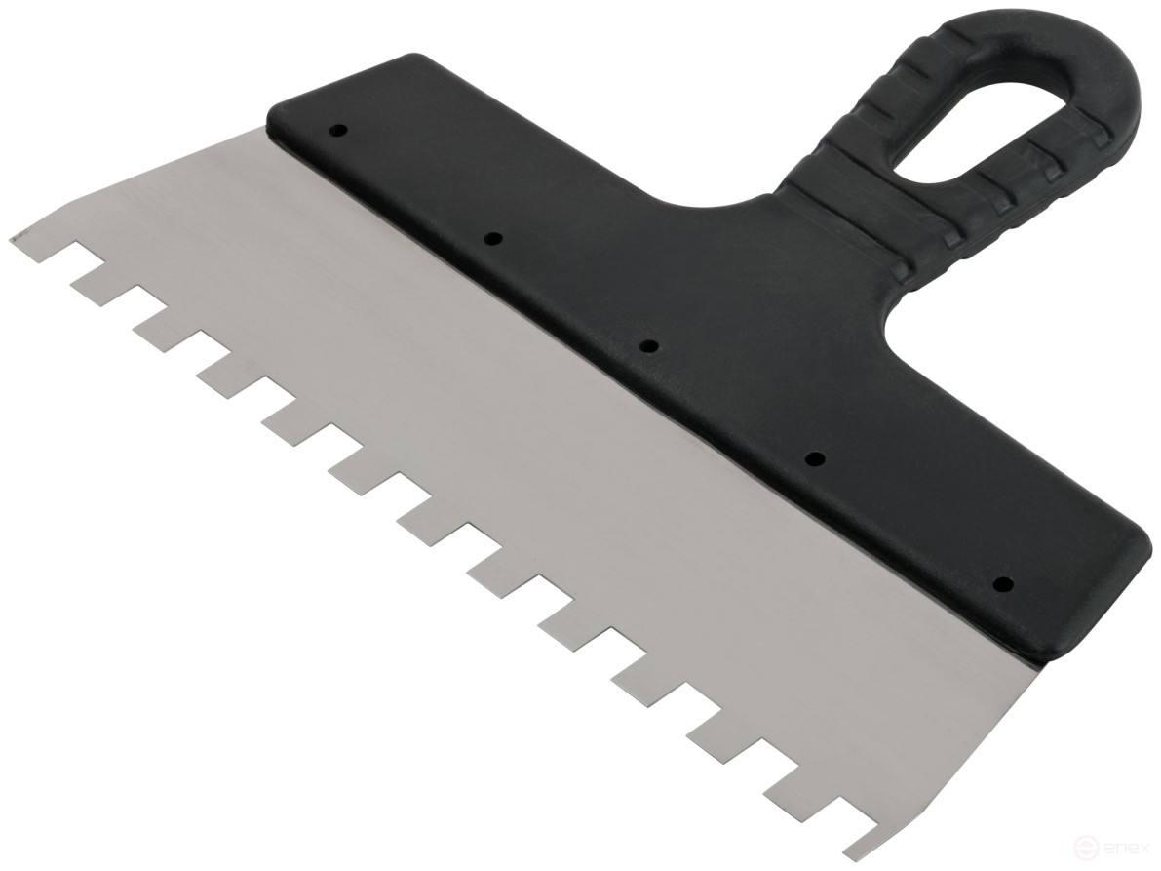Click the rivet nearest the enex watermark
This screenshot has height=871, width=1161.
1000,585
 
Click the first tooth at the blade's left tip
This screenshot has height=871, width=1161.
29,236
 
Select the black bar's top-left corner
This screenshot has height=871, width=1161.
276,107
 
